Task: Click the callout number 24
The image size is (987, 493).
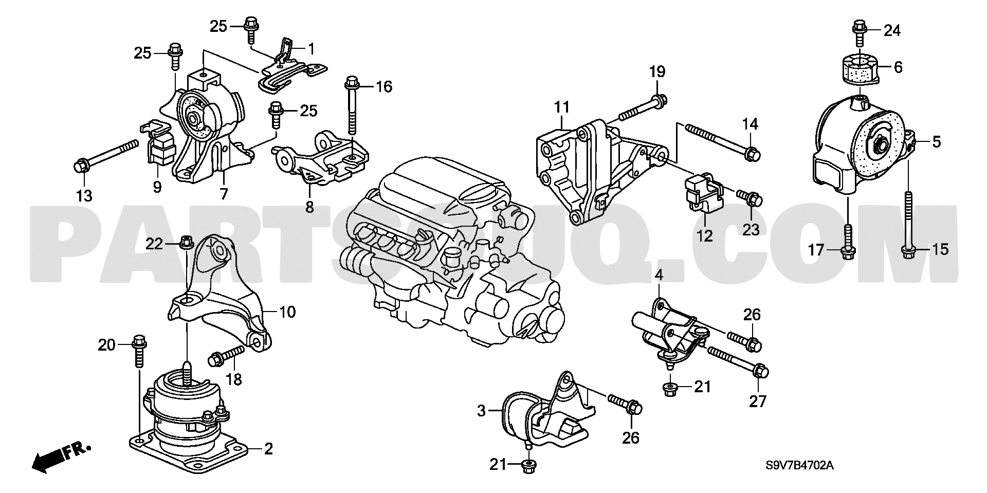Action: coord(892,31)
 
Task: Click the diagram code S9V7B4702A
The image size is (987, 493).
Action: coord(799,466)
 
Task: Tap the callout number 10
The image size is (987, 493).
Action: coord(288,312)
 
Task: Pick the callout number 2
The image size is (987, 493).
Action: coord(268,449)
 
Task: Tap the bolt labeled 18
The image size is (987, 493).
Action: coord(226,355)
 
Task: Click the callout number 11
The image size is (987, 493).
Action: coord(562,107)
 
